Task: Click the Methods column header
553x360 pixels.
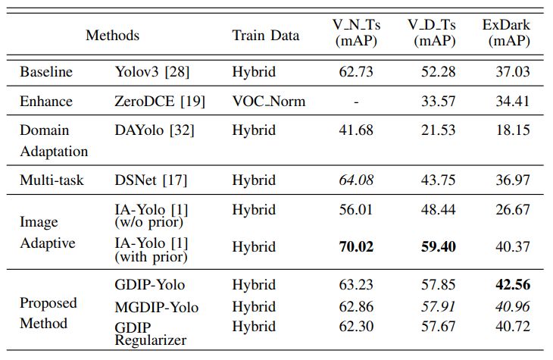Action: (112, 36)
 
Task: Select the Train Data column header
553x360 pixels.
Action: (265, 36)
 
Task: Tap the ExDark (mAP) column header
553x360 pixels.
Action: (506, 34)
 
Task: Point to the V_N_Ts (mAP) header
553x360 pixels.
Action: (355, 34)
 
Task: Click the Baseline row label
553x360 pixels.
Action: (46, 72)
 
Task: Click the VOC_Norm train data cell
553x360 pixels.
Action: (269, 101)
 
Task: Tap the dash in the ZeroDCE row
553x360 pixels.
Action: (355, 101)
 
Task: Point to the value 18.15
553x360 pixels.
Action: (511, 130)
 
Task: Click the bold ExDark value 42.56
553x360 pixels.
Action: (511, 285)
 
